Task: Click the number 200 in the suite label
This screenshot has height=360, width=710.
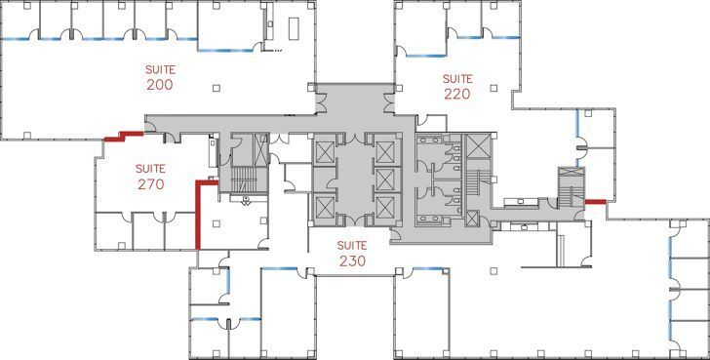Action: point(159,85)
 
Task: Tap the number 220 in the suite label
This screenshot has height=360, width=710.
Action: point(457,94)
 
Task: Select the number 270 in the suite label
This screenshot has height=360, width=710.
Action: point(150,184)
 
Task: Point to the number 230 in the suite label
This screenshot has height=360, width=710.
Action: point(352,261)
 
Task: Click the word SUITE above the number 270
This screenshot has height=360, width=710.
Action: point(150,169)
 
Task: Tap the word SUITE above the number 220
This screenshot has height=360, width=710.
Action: point(457,79)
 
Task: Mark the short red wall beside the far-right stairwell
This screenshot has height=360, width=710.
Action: point(595,202)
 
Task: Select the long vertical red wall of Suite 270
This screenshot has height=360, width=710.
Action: point(198,216)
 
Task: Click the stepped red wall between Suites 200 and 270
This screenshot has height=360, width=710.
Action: point(124,136)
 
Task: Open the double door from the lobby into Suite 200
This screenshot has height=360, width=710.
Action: point(321,102)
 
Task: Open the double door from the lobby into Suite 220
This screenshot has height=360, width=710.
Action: point(389,102)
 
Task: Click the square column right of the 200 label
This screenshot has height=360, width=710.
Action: point(217,88)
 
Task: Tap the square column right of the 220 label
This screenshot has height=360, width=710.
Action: point(493,88)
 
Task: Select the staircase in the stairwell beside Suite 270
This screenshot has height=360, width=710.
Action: point(244,179)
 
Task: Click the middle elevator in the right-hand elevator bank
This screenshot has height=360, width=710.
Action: point(385,180)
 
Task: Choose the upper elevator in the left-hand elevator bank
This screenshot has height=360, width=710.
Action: point(325,152)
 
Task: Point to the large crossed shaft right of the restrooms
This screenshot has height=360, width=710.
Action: point(478,146)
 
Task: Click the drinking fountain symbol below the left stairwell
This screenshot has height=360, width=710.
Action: point(246,200)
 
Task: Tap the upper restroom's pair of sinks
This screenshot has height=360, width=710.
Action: point(431,140)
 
